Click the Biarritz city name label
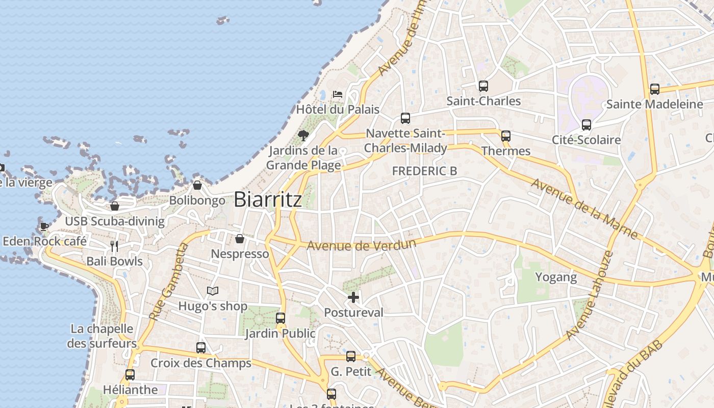click(268, 199)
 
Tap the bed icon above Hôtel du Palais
click(337, 94)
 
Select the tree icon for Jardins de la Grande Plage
click(303, 135)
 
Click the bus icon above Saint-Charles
click(483, 86)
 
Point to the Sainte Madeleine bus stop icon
click(655, 89)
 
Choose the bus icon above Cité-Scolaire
click(586, 125)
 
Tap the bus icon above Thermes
click(505, 136)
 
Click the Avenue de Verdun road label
click(361, 245)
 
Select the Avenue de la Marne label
click(584, 209)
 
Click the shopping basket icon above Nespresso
click(239, 239)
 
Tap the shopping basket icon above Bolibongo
click(197, 185)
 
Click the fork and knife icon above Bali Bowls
click(114, 246)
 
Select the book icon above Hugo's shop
click(213, 291)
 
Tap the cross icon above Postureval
click(353, 297)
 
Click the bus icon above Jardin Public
click(280, 318)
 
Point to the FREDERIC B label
click(424, 171)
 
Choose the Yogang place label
click(556, 277)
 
